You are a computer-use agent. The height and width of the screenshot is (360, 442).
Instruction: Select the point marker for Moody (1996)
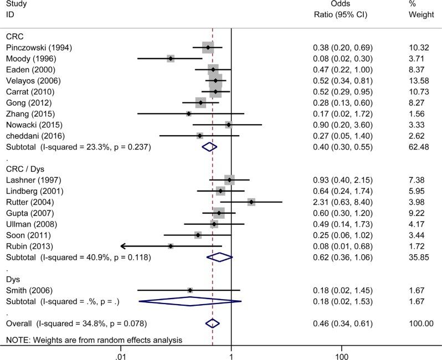coord(171,59)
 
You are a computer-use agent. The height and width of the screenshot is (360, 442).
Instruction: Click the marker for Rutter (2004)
coord(251,202)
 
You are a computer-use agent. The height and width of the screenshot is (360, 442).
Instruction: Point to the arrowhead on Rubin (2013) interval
coord(123,246)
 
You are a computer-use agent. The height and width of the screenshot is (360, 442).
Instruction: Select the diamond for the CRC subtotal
coord(209,147)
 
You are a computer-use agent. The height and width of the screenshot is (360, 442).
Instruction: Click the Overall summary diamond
coord(213,323)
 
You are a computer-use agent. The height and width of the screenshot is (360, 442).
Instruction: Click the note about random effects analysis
coord(94,339)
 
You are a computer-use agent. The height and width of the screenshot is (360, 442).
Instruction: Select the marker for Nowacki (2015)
coord(229,125)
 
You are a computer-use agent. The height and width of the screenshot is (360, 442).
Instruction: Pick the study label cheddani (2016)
coord(35,136)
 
